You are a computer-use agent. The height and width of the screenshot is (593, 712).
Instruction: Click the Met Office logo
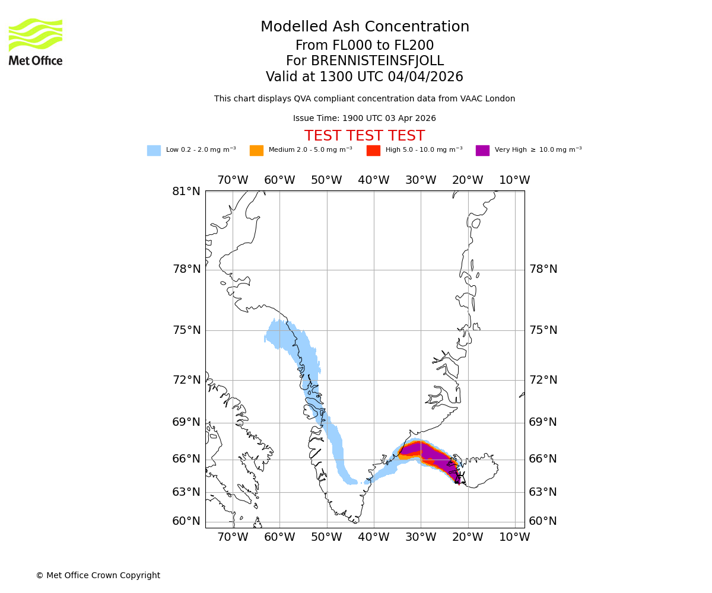36,42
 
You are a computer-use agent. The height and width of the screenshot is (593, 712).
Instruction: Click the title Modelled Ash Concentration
364,27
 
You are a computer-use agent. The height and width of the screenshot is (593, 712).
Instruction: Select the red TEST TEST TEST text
364,136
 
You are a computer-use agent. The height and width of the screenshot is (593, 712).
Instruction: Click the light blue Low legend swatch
154,150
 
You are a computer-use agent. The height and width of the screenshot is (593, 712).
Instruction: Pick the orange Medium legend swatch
256,150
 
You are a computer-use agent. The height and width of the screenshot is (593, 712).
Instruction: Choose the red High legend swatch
373,150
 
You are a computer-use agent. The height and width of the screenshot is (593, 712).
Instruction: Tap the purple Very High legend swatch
482,150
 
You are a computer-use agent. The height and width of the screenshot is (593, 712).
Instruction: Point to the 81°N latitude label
186,192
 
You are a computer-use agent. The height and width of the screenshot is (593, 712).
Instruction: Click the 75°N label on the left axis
186,330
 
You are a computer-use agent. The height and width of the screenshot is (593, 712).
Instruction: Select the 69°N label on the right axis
543,422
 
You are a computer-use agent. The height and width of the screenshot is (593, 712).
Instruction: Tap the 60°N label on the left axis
186,521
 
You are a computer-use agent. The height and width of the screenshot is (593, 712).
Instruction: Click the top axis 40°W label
374,180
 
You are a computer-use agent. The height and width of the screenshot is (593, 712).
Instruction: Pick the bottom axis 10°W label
514,537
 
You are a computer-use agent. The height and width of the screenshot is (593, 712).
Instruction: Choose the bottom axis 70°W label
233,537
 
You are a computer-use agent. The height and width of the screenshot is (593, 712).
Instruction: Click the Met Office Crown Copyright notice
98,575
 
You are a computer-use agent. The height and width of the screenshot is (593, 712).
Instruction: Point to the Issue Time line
364,119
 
